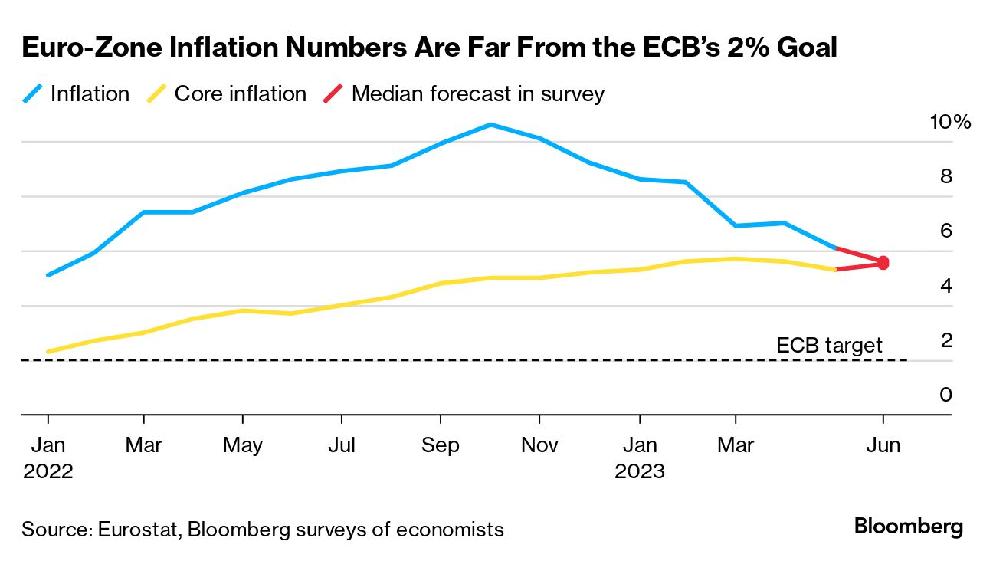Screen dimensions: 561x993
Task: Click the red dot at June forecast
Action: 883,263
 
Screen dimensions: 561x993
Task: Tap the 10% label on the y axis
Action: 949,122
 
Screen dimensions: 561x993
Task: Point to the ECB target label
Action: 829,346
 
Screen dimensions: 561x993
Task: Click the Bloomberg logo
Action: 908,527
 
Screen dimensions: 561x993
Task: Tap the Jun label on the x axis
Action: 883,445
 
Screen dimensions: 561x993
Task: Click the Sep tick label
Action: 440,445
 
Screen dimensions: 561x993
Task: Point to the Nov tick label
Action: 539,445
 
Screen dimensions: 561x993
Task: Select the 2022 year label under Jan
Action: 48,471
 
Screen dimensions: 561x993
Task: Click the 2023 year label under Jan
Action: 639,471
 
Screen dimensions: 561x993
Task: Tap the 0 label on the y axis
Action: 945,395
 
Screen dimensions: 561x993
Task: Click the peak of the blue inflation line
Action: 490,124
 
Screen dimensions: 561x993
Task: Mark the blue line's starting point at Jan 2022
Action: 48,274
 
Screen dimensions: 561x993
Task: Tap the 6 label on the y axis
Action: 945,231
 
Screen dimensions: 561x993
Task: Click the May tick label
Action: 243,445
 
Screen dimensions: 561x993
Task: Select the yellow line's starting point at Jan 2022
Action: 48,352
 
